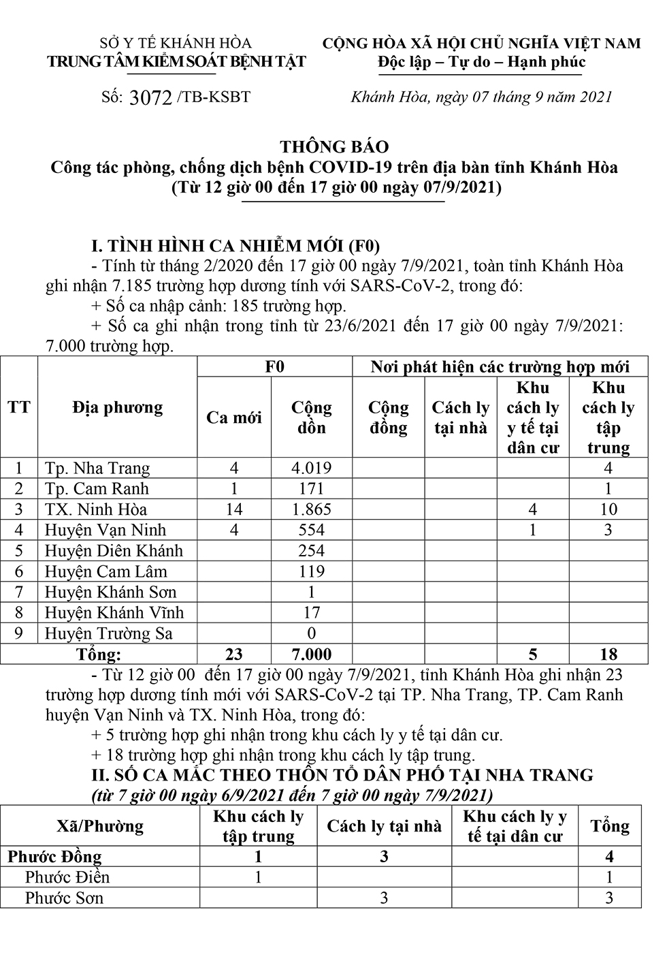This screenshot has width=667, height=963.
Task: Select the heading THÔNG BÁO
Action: [335, 146]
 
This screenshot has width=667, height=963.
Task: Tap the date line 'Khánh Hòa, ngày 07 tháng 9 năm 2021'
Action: [482, 97]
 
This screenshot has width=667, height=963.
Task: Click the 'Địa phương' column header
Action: [118, 408]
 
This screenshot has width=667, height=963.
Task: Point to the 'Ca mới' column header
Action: [233, 417]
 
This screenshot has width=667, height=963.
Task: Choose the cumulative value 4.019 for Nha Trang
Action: [311, 468]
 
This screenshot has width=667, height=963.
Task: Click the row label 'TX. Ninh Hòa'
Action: [96, 509]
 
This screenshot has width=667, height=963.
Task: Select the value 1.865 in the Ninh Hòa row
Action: [311, 509]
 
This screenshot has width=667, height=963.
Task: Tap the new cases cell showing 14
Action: [233, 509]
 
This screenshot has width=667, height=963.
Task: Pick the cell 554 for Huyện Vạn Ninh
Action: [311, 530]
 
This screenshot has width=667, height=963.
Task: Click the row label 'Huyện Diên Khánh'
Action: [114, 550]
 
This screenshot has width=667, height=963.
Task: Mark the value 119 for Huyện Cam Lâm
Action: [311, 571]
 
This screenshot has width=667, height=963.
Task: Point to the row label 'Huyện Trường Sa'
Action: [109, 633]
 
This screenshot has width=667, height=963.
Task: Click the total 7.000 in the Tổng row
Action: [311, 654]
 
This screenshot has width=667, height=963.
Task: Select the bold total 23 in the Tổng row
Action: [233, 654]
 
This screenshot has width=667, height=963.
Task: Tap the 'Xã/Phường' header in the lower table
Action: [100, 827]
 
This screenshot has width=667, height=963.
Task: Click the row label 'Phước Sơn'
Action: [64, 898]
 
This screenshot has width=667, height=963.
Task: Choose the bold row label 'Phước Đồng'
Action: [54, 857]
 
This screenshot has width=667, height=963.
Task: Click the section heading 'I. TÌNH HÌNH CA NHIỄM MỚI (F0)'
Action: [235, 245]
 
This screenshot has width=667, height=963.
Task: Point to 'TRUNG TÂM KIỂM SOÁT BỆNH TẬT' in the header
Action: [176, 62]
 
